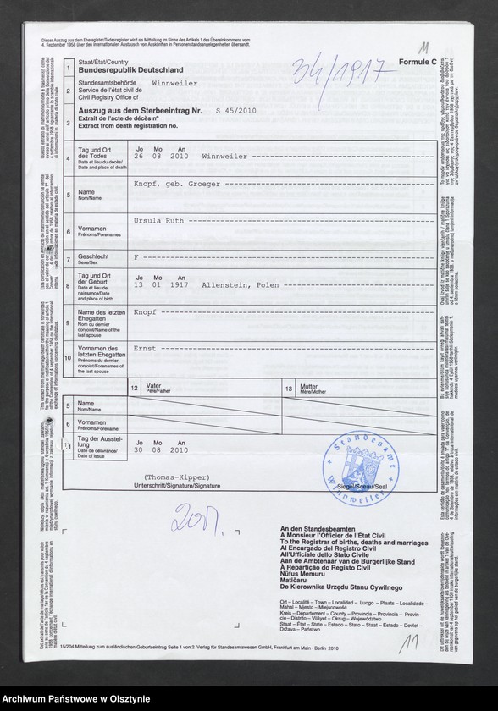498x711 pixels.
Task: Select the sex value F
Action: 136,255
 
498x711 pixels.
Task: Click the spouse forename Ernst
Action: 145,348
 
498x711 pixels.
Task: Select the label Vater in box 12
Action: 153,385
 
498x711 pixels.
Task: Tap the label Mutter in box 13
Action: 308,385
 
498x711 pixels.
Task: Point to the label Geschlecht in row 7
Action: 92,256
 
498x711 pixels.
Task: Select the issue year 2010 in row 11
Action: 179,450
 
